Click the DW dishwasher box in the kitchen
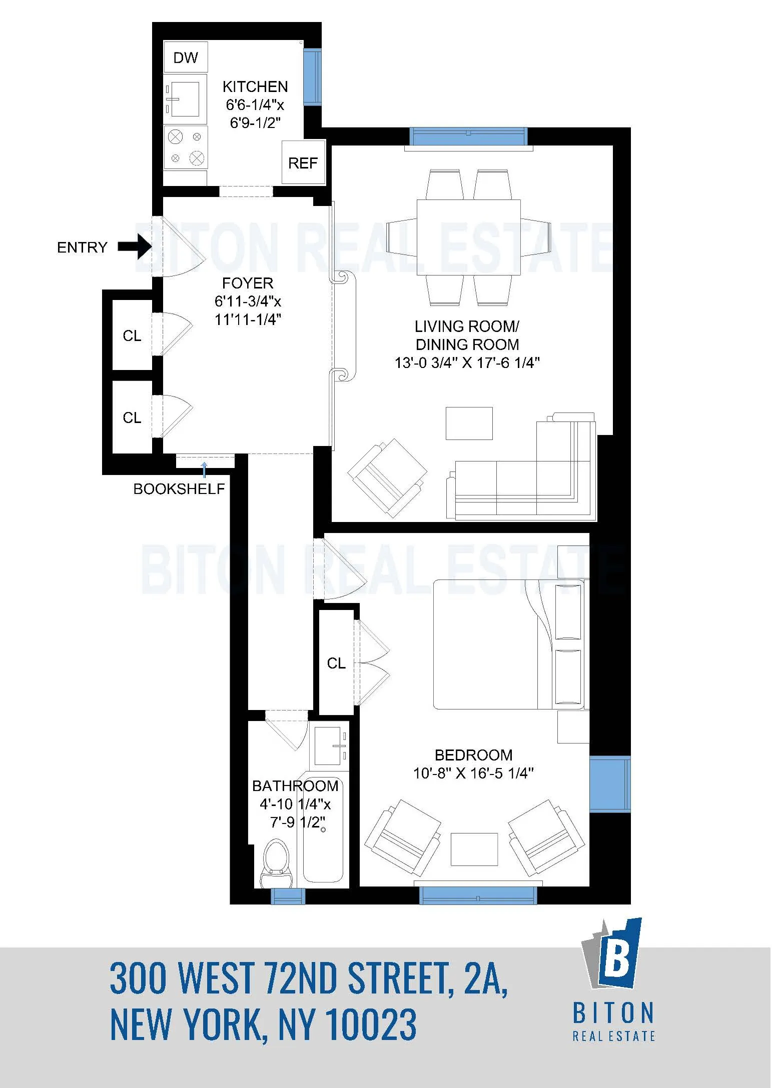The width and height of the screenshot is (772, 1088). click(x=186, y=57)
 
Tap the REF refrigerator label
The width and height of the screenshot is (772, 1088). click(x=303, y=163)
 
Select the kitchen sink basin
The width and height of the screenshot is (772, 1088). click(x=185, y=99)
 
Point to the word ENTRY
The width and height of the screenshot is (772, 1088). click(x=82, y=247)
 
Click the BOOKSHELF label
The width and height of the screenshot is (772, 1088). click(x=179, y=489)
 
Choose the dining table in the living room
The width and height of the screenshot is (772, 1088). click(x=468, y=237)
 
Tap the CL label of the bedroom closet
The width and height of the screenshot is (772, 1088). click(x=336, y=663)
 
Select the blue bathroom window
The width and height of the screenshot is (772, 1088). click(x=288, y=896)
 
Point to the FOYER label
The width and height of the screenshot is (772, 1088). click(x=248, y=283)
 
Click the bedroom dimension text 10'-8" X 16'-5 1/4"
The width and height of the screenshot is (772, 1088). click(x=473, y=773)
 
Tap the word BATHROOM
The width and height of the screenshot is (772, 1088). click(x=295, y=786)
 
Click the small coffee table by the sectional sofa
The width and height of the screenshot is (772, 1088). click(x=469, y=423)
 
